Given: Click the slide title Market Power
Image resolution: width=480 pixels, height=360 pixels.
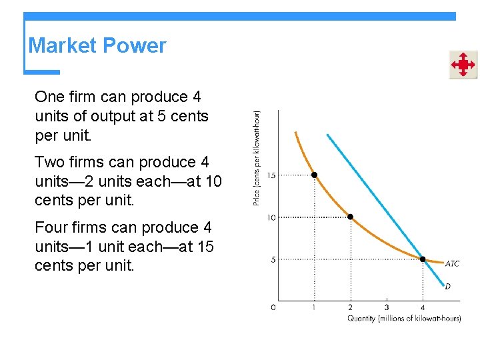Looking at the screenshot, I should (x=97, y=46).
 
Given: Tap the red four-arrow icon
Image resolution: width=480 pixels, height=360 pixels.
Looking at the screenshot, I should (x=463, y=65).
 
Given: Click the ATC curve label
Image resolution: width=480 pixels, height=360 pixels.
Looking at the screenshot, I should (x=452, y=264).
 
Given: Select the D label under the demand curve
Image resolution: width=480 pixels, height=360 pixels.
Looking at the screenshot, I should (x=448, y=286).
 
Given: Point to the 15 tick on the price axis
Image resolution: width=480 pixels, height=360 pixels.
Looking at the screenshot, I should (x=271, y=175).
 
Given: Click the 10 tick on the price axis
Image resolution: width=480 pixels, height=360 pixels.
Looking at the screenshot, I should (x=271, y=217).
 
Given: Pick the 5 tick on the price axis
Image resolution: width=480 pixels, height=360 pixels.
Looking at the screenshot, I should (x=273, y=259).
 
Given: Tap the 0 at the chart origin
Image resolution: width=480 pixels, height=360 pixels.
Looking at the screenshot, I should (x=273, y=307).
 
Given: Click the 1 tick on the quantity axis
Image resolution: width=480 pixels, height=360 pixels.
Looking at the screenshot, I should (x=314, y=307).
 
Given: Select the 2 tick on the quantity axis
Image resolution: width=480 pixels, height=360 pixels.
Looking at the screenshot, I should (x=350, y=307).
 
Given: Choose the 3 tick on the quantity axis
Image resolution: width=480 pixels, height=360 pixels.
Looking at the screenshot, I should (x=387, y=307).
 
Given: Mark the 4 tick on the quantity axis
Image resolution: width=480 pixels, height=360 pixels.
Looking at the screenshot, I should (x=423, y=307).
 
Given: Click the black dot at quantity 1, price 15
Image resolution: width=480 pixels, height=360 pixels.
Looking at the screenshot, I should (x=314, y=175).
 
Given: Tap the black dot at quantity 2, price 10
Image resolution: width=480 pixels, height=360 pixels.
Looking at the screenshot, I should (x=350, y=217).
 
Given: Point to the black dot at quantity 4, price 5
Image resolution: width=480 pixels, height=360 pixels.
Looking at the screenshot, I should (x=423, y=259).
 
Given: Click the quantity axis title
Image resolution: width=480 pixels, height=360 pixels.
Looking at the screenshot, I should (x=404, y=319).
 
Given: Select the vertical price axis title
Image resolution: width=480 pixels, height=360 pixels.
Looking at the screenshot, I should (x=257, y=157).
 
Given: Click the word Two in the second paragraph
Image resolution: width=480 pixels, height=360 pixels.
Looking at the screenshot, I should (x=49, y=162).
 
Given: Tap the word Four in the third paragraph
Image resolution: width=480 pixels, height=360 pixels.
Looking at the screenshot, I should (x=51, y=228).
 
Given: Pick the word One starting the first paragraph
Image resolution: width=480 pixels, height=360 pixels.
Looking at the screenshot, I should (x=49, y=97).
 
